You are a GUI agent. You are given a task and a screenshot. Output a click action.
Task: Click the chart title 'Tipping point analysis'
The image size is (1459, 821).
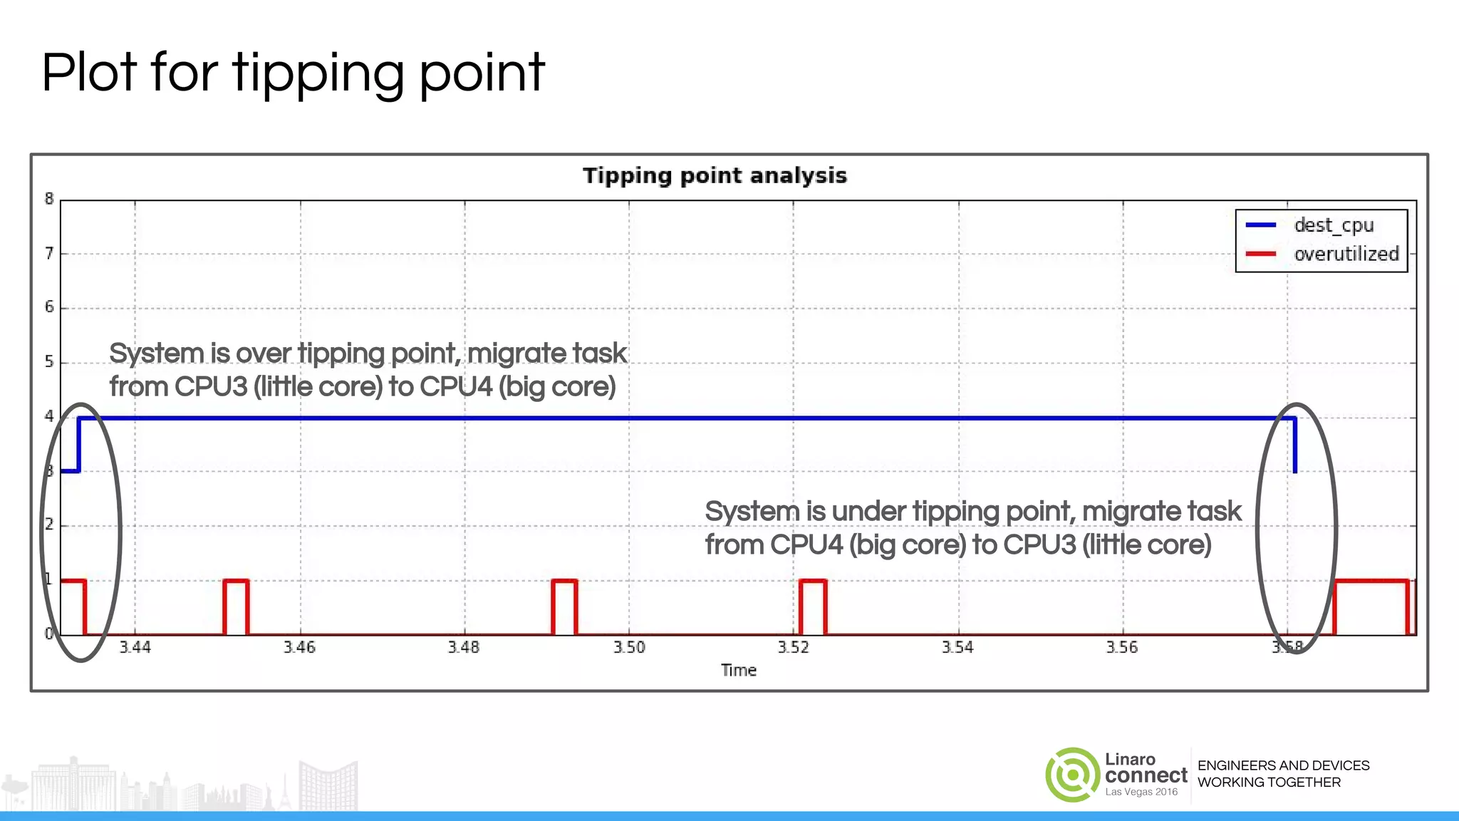(x=715, y=176)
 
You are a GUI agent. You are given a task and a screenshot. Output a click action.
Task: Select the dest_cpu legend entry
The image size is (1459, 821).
(x=1333, y=225)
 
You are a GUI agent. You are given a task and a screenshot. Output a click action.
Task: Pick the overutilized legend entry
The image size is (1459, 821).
(x=1346, y=254)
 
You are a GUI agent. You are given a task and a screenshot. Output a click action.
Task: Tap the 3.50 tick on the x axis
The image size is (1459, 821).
(x=629, y=647)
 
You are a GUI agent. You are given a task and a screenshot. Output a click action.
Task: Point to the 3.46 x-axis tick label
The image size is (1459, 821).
(x=299, y=647)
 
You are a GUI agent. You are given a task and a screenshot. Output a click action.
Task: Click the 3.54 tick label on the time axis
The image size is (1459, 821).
(x=957, y=647)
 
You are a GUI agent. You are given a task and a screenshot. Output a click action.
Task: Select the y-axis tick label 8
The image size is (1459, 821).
(x=49, y=199)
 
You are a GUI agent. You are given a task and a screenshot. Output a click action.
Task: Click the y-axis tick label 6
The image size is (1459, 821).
(x=49, y=307)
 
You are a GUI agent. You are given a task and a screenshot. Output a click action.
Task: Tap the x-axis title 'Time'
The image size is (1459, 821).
(x=738, y=670)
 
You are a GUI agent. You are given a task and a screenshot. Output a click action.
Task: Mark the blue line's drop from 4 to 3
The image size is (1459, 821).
(x=1294, y=445)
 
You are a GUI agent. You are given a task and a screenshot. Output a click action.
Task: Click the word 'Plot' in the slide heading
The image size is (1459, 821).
(x=88, y=73)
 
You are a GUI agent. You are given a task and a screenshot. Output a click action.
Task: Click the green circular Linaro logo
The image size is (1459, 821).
(x=1072, y=775)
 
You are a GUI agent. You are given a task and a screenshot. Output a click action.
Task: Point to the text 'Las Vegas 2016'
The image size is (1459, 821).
(x=1141, y=792)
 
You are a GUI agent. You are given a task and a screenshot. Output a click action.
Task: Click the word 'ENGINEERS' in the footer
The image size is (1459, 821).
(x=1232, y=765)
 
